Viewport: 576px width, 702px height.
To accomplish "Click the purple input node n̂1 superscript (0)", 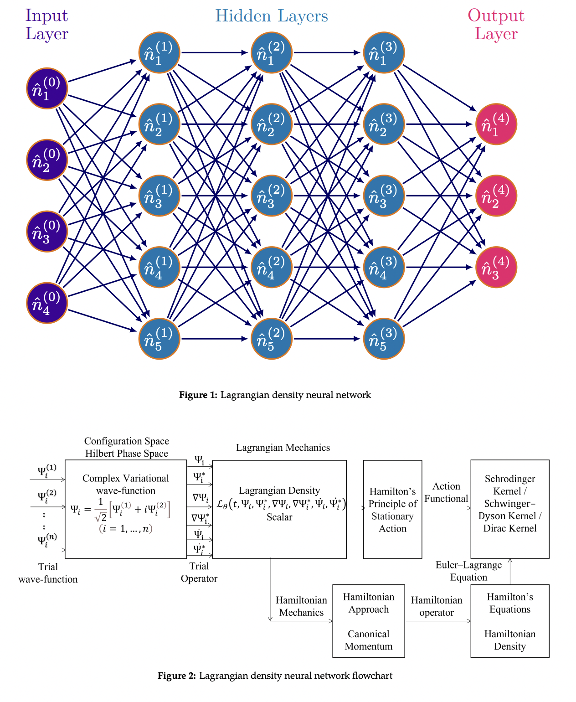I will pos(47,88).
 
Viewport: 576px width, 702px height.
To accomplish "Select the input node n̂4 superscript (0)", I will pos(47,303).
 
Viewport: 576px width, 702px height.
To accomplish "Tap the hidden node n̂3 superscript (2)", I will pos(272,196).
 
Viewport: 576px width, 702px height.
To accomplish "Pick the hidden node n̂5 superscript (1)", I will pos(159,339).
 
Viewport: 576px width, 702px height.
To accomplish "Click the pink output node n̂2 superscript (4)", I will pos(496,196).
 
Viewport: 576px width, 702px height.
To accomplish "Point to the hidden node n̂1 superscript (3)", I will pos(384,52).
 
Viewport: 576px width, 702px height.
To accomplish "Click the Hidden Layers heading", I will pos(272,16).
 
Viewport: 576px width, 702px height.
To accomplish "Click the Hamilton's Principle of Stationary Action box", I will pos(392,509).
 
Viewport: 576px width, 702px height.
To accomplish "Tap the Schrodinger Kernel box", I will pos(509,509).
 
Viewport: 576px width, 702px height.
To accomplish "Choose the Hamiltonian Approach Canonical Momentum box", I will pos(368,621).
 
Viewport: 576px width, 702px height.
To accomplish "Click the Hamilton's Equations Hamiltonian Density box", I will pos(509,621).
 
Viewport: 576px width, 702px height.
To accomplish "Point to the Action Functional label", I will pos(446,492).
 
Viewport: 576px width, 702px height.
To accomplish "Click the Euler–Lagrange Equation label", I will pos(468,571).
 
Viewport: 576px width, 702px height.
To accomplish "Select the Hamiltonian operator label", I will pos(437,606).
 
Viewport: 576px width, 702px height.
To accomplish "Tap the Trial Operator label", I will pos(199,572).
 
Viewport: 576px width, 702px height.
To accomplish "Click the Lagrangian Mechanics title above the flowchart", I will pos(283,448).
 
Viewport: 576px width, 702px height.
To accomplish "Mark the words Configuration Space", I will pos(127,441).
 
